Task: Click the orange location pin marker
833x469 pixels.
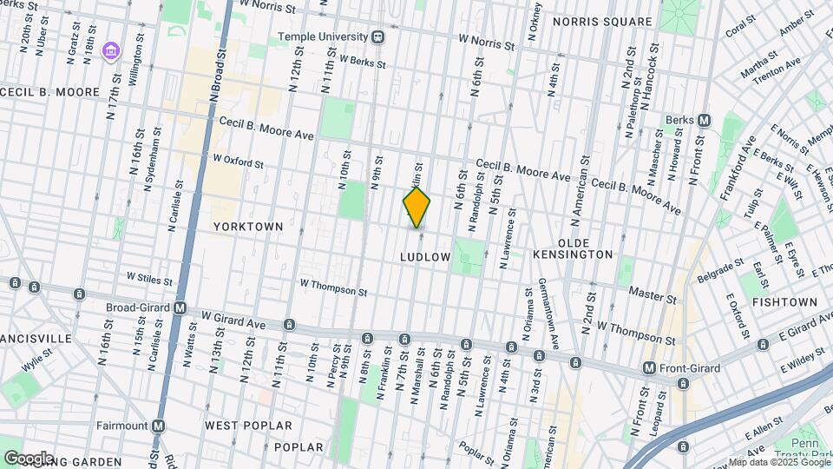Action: point(416,207)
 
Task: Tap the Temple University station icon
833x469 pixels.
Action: point(377,37)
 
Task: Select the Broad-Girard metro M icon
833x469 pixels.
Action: point(180,307)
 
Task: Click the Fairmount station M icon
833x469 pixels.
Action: point(158,426)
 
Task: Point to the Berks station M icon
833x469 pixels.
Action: point(705,120)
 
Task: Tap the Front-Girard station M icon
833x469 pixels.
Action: point(648,368)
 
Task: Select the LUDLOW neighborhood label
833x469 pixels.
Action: point(425,257)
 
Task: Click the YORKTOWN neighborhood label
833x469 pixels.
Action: point(248,226)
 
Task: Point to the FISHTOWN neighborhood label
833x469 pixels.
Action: point(784,301)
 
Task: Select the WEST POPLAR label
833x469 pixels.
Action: point(236,426)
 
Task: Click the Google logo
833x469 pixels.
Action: point(28,458)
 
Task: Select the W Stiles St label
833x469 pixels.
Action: point(149,278)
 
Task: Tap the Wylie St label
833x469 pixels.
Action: point(38,360)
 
